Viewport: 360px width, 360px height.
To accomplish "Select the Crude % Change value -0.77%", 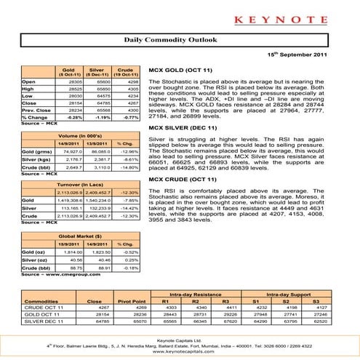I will tap(129, 116).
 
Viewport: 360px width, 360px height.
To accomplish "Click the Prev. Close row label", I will tap(34, 111).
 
